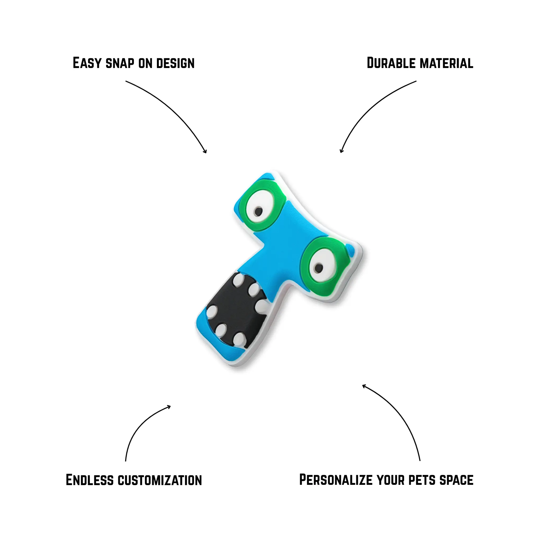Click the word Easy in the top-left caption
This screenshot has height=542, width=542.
(x=87, y=63)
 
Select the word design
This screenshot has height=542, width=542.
(x=175, y=63)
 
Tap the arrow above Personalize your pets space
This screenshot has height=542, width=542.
(x=398, y=415)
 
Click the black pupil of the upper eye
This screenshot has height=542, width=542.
(x=258, y=211)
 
